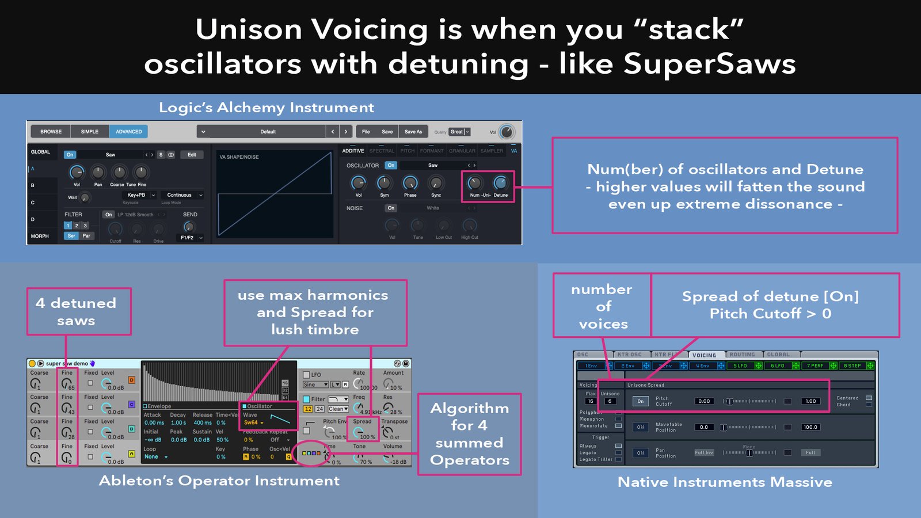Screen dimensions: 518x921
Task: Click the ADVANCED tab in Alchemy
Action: click(128, 132)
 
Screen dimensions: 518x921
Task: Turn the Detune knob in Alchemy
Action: click(501, 183)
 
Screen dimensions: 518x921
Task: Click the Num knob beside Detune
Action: click(475, 183)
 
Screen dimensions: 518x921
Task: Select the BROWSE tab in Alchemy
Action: click(51, 132)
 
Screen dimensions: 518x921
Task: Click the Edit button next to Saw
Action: click(192, 155)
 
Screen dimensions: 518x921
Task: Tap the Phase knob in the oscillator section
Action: click(410, 183)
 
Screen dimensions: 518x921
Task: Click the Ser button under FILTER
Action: click(71, 236)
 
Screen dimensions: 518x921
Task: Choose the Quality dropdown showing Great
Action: click(459, 132)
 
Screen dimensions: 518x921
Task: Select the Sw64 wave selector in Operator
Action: click(254, 422)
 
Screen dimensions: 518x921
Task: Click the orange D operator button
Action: click(131, 380)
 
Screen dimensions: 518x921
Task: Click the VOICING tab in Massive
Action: click(704, 355)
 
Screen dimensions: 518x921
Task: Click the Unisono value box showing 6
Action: click(610, 401)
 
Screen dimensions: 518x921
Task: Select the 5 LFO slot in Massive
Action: click(740, 365)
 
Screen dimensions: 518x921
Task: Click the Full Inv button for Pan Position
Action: click(703, 452)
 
